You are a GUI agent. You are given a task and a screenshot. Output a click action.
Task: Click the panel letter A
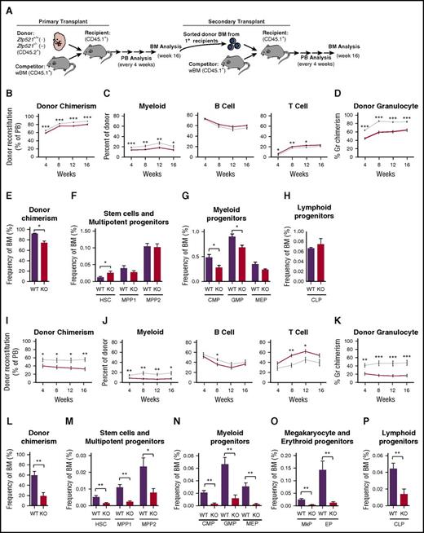(6, 6)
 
